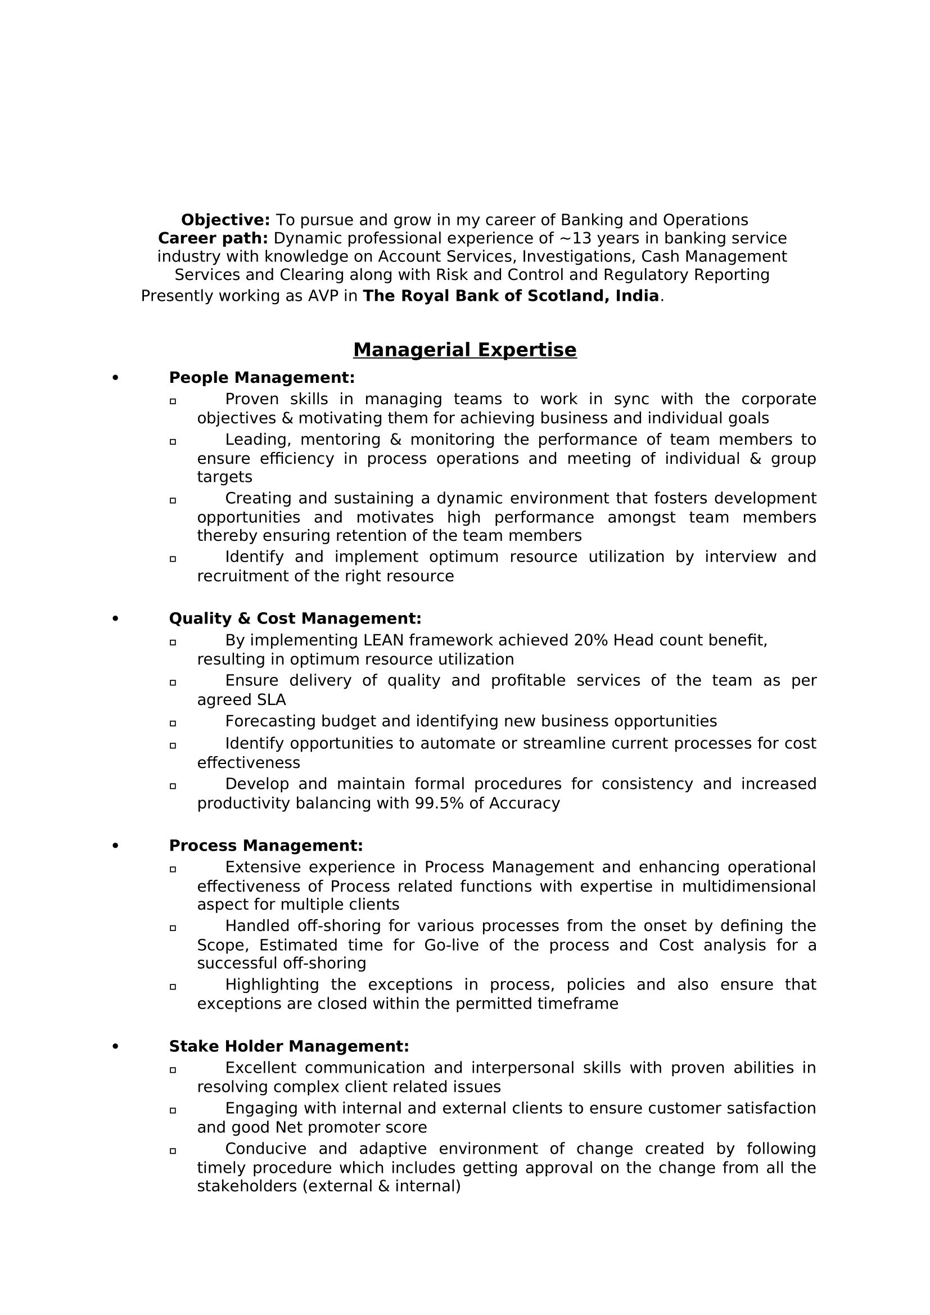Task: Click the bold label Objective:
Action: point(225,220)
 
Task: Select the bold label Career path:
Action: point(213,238)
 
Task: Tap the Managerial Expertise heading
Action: point(464,349)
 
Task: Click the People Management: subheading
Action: point(261,378)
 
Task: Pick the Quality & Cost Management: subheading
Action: point(295,618)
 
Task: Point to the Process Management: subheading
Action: point(266,846)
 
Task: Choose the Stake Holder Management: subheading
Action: point(288,1046)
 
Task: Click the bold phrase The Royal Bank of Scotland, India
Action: point(511,296)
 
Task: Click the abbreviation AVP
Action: point(324,296)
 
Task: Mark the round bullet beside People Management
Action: point(115,378)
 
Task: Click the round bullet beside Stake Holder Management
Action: point(115,1046)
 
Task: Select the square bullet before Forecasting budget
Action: point(173,723)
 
